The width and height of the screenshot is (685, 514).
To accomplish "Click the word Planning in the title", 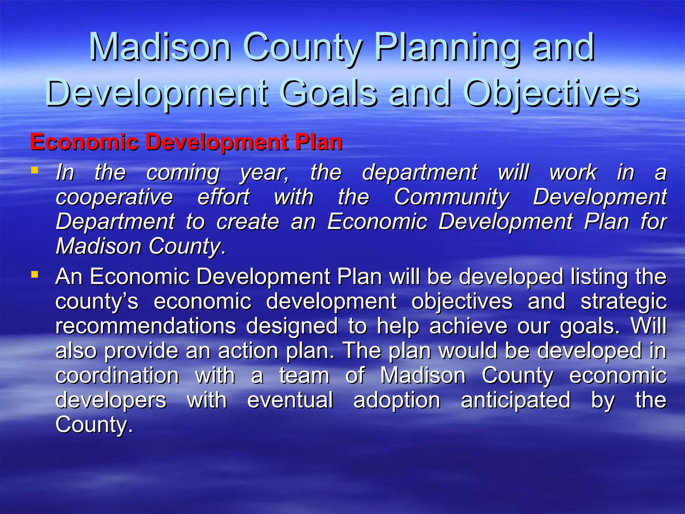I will pos(448,48).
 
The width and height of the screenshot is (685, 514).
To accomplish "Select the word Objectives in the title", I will pos(552,93).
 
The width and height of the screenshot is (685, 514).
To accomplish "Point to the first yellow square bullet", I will pos(34,170).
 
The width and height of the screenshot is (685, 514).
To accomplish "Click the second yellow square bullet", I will pos(34,275).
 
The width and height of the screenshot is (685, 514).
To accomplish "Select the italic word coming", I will pos(183,173).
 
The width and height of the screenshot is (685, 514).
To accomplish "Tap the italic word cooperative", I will pos(114,197).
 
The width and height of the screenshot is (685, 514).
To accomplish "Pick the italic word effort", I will pos(223,197).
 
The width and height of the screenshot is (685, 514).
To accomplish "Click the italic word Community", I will pos(452,197).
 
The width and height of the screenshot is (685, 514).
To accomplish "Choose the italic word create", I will pos(248,222).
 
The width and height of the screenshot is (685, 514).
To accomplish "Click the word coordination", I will pos(117,375).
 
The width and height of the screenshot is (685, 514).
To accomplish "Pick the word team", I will pos(304,375).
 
